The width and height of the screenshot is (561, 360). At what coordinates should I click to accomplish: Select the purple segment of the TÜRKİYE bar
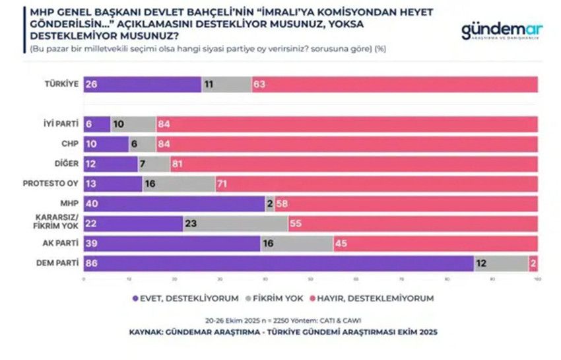click(x=142, y=85)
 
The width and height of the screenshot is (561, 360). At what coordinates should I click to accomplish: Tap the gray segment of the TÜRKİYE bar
click(x=226, y=85)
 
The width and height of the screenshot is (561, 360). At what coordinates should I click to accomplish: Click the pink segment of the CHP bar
click(x=346, y=144)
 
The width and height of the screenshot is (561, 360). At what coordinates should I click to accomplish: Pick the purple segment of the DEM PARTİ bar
click(x=278, y=263)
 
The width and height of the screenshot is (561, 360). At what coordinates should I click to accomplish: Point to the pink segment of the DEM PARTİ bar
click(x=533, y=263)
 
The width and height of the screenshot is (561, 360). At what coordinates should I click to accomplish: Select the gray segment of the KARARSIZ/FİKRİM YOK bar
click(x=236, y=223)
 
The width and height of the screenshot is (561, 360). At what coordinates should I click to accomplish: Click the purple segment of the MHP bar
click(x=174, y=203)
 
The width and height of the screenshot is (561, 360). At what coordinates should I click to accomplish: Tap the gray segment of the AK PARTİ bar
click(x=296, y=243)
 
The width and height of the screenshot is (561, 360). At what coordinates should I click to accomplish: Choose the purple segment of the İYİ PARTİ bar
click(x=96, y=124)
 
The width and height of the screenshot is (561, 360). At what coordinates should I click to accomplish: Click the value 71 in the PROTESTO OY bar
click(x=227, y=184)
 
